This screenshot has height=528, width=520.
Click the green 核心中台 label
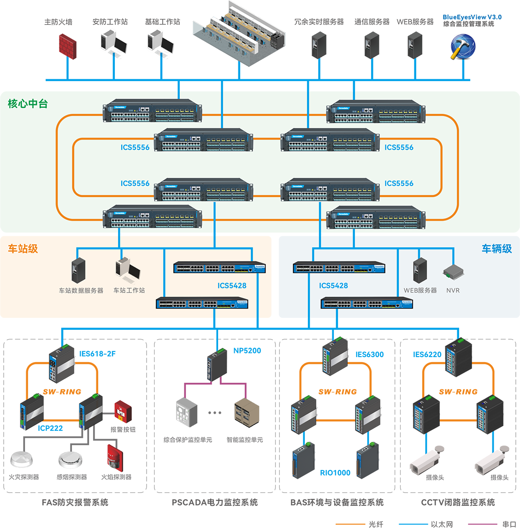point(28,104)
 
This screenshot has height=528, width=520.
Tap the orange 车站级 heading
point(23,249)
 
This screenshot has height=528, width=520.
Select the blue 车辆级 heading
point(496,249)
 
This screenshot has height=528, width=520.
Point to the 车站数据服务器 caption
point(81,291)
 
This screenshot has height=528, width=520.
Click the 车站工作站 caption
point(129,290)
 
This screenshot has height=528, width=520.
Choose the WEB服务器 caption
point(420,291)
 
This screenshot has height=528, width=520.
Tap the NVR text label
point(453,291)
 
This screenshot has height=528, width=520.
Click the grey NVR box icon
point(453,272)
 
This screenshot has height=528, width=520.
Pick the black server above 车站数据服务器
point(78,270)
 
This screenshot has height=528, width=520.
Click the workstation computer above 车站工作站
point(128,270)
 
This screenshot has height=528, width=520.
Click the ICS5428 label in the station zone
point(232,286)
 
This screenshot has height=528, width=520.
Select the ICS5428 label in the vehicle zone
point(333,286)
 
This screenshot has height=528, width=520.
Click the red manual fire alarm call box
point(121,411)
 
